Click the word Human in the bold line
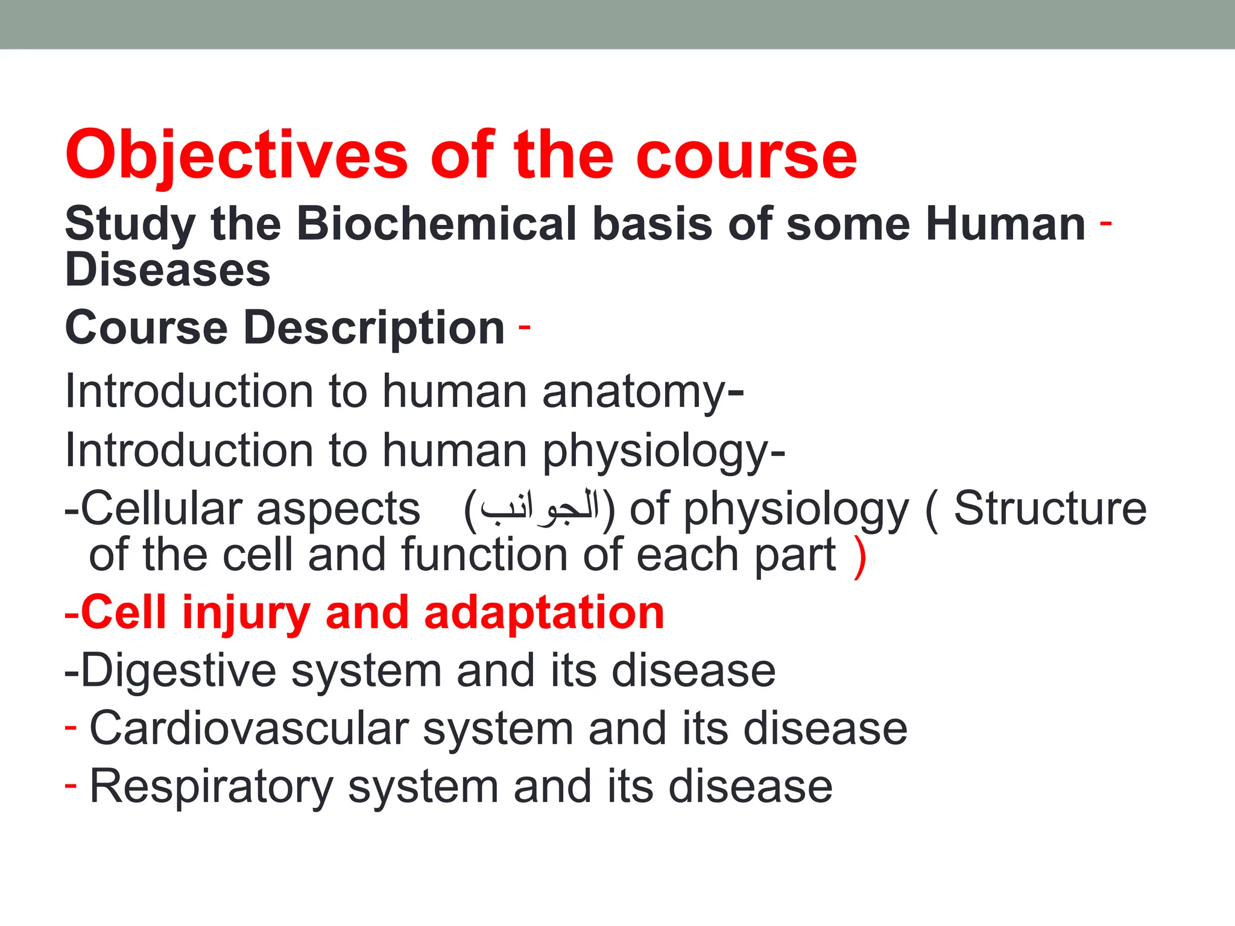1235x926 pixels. [x=1006, y=224]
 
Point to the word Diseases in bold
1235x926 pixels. [x=168, y=270]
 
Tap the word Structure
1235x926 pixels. [x=1050, y=509]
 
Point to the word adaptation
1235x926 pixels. [x=544, y=613]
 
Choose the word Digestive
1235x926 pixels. [x=178, y=670]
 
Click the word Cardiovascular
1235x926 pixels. [x=248, y=729]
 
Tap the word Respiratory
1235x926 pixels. [x=211, y=787]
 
